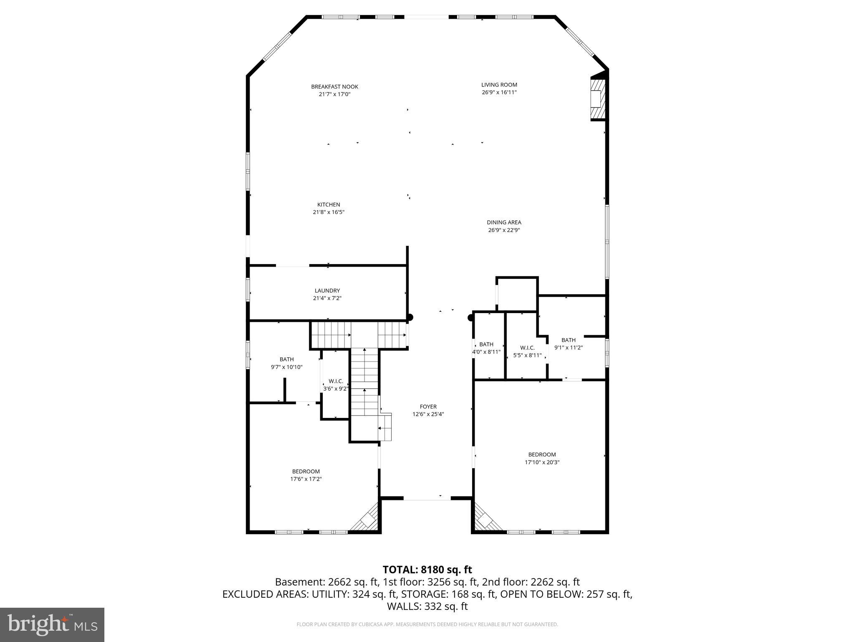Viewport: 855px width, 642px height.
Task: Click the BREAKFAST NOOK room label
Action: tap(334, 87)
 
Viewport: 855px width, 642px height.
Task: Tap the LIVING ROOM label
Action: tap(499, 85)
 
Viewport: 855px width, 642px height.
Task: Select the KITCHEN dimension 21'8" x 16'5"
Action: tap(329, 212)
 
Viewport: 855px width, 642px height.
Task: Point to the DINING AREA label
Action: tap(504, 222)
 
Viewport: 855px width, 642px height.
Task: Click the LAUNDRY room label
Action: tap(327, 290)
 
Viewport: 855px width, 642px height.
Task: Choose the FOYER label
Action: tap(428, 407)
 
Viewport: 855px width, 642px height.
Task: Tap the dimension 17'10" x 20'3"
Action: tap(542, 462)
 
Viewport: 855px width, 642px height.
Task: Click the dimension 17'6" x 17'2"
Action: tap(306, 479)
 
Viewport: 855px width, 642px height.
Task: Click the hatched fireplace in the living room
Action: tap(597, 99)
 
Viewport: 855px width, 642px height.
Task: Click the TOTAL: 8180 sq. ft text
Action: tap(427, 570)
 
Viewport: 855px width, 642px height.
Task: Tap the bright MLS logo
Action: tap(52, 624)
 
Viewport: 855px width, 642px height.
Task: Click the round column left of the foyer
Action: tap(410, 317)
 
